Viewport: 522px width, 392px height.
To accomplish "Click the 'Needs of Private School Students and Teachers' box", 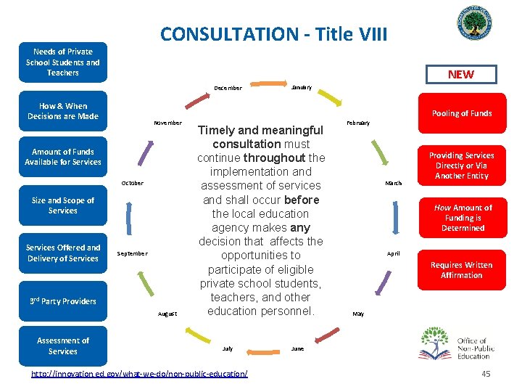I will pos(63,62).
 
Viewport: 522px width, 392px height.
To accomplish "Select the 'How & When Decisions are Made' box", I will pos(63,111).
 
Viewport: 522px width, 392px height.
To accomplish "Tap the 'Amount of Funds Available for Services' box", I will pos(63,157).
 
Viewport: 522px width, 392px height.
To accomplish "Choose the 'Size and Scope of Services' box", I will pos(63,205).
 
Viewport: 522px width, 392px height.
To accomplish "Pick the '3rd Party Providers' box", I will pos(63,301).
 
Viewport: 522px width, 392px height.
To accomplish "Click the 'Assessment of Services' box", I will pos(63,346).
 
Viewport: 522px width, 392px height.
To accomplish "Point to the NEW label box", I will pos(460,74).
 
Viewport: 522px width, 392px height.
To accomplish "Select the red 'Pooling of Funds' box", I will pos(462,113).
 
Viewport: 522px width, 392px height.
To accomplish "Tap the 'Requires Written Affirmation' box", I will pos(462,270).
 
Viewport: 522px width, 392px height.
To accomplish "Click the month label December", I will pos(228,89).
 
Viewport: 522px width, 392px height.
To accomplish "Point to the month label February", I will pos(358,123).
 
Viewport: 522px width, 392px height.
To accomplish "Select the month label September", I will pos(132,253).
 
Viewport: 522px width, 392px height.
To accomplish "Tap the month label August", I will pos(167,314).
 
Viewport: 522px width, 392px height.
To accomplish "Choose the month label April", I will pos(394,254).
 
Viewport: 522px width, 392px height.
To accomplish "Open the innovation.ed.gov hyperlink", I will pos(138,373).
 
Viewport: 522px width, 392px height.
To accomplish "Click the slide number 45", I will pos(486,373).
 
